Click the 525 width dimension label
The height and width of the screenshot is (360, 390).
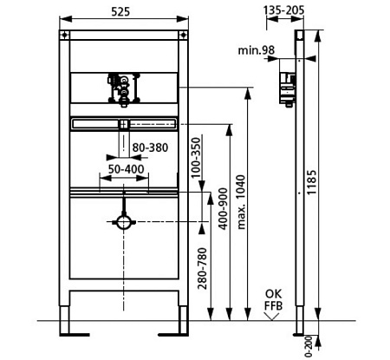[120, 11]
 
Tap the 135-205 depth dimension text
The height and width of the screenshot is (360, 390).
[283, 10]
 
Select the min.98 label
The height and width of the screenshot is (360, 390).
[256, 50]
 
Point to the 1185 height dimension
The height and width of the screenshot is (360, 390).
[312, 182]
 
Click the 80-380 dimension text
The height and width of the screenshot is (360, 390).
[150, 147]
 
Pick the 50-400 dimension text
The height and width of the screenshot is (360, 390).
[126, 169]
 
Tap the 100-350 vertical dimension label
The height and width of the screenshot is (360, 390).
[196, 158]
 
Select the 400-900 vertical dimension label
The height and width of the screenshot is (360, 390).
[223, 209]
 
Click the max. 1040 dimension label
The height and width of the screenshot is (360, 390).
[241, 202]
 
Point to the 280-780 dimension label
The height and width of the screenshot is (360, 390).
[202, 268]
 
